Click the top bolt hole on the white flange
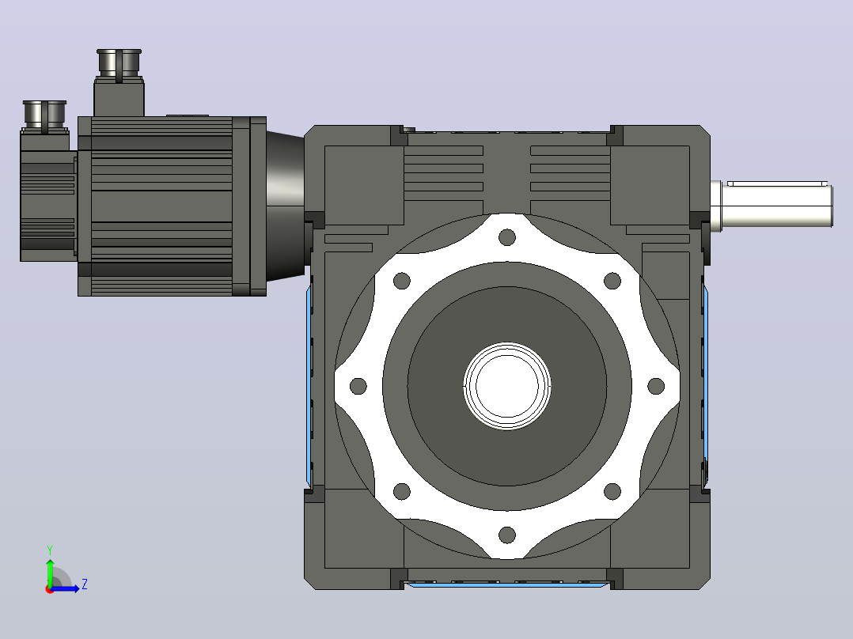tap(507, 237)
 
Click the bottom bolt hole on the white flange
tap(507, 535)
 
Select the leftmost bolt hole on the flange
tap(358, 386)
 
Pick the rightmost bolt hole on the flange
tap(656, 386)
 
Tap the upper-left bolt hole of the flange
tap(401, 282)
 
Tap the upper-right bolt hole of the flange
tap(612, 282)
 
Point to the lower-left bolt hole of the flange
tap(401, 491)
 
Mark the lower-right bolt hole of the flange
tap(612, 491)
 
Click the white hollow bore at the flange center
tap(507, 386)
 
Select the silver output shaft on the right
tap(771, 205)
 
